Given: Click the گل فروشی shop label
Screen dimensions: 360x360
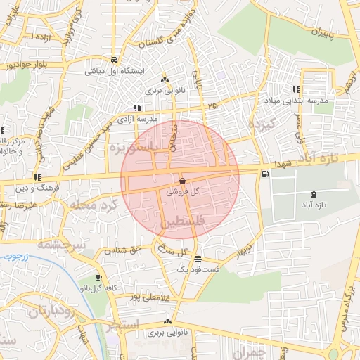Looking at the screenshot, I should (x=186, y=191).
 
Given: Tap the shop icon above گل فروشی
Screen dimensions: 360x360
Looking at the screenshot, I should (x=183, y=181).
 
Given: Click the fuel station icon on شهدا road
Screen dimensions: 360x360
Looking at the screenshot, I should (x=264, y=174).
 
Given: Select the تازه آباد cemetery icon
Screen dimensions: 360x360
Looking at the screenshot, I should (x=313, y=195).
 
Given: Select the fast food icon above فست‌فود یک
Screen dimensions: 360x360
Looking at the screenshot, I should (x=198, y=259).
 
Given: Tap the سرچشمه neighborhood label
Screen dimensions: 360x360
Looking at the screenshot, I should (x=60, y=245).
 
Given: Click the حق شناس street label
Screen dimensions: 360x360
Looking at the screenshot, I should (x=124, y=250).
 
